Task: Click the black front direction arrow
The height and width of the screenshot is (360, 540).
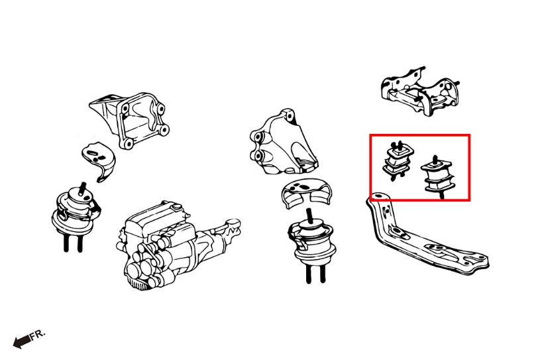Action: (21, 341)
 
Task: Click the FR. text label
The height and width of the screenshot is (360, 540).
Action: (38, 335)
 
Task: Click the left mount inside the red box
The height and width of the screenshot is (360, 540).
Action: (398, 160)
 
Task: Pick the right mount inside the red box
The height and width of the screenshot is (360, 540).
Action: (437, 176)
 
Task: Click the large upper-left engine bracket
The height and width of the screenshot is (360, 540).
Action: (129, 119)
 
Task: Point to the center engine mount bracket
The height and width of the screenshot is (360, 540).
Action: (282, 143)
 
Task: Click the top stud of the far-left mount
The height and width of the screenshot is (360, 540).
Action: (83, 188)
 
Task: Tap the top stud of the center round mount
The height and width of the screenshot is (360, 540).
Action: (309, 215)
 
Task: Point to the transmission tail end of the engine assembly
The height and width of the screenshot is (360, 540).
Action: (230, 227)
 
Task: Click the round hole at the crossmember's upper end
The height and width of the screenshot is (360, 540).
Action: (378, 196)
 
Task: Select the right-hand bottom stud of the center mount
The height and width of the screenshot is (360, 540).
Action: (323, 274)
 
